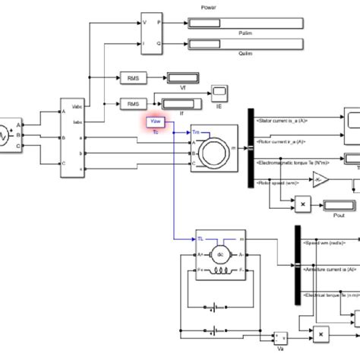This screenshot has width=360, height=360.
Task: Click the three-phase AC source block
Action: (x=9, y=134)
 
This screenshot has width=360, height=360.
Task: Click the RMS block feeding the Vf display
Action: (x=133, y=77)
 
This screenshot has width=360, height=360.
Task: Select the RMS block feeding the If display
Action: (x=133, y=103)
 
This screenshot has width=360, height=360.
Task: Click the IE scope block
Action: (x=221, y=92)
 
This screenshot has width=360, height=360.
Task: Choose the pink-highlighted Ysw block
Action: (x=156, y=122)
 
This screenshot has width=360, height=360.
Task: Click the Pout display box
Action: (x=333, y=205)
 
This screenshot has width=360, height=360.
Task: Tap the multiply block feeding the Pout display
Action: (x=302, y=205)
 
